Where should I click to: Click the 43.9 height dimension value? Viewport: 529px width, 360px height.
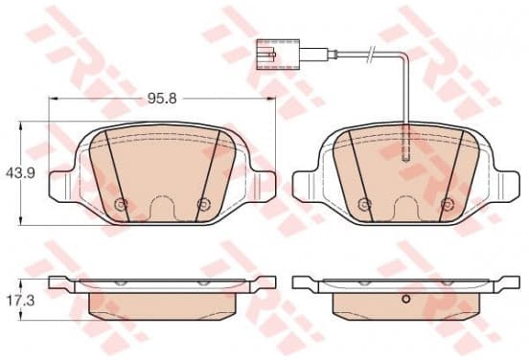click(x=20, y=173)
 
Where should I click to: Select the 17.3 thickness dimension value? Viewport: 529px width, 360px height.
click(x=20, y=301)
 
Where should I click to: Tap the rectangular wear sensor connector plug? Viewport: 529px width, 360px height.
click(x=278, y=55)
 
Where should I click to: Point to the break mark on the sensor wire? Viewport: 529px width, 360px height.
click(x=371, y=55)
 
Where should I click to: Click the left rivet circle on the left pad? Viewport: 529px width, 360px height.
click(x=121, y=204)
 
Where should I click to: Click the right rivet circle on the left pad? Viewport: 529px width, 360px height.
click(x=203, y=204)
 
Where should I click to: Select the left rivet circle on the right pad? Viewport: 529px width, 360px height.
click(x=364, y=204)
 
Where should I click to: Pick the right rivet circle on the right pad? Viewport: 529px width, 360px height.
click(x=448, y=204)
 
